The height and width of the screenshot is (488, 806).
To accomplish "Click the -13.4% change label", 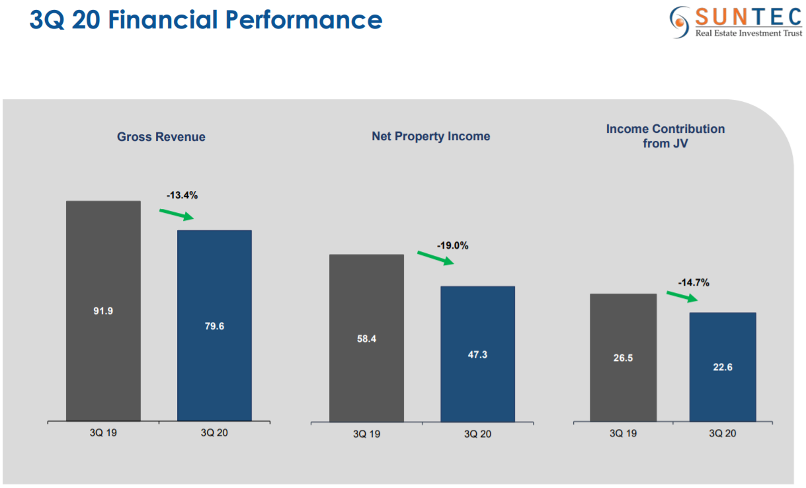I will [182, 195].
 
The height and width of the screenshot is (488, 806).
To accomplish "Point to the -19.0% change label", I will [452, 245].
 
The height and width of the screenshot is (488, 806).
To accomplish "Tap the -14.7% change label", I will [694, 282].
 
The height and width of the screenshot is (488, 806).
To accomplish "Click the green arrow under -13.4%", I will [177, 214].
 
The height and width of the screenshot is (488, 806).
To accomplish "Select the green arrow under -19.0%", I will [435, 258].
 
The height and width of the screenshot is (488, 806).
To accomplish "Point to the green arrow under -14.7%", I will [682, 296].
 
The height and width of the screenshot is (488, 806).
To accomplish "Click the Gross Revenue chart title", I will [161, 137].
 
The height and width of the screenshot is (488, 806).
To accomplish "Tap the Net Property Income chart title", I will [430, 136].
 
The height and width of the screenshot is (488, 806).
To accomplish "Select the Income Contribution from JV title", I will [665, 136].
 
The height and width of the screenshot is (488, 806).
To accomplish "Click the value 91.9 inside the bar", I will [103, 311].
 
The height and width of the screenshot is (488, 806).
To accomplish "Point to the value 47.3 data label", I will [477, 355].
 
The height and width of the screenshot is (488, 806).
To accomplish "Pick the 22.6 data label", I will [722, 368].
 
